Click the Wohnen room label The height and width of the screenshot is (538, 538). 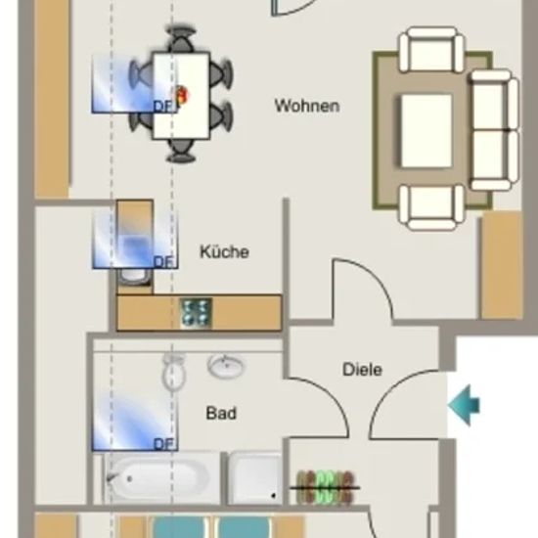307,106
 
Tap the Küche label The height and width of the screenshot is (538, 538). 224,251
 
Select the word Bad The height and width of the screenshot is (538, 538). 221,413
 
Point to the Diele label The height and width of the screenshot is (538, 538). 362,370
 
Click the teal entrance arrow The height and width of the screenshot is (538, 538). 464,405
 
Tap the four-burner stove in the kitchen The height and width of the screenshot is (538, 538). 196,312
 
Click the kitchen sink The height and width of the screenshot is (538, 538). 135,276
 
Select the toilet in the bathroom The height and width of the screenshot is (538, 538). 174,373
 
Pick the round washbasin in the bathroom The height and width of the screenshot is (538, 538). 227,366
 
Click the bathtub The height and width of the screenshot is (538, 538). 162,478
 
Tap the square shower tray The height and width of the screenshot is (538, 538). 255,478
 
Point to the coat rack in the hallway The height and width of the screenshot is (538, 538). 325,487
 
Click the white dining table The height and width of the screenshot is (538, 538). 181,96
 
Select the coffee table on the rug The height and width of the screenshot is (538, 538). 426,131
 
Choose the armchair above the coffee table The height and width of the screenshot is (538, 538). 431,50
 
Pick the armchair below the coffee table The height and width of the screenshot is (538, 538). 431,207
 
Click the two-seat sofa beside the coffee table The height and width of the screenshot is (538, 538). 494,130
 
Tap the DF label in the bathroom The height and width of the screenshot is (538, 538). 164,444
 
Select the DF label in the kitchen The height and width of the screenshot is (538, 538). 164,262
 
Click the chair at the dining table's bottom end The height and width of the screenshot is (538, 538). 181,151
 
